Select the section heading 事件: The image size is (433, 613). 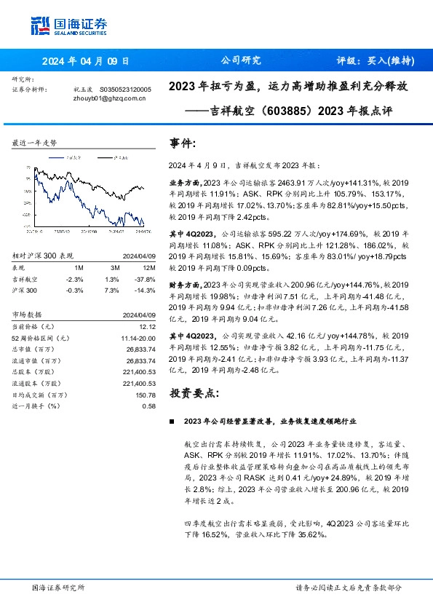[183, 143]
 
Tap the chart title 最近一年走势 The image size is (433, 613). [34, 143]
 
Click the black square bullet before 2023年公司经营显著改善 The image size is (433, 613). [171, 422]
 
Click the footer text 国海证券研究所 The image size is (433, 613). [59, 588]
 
